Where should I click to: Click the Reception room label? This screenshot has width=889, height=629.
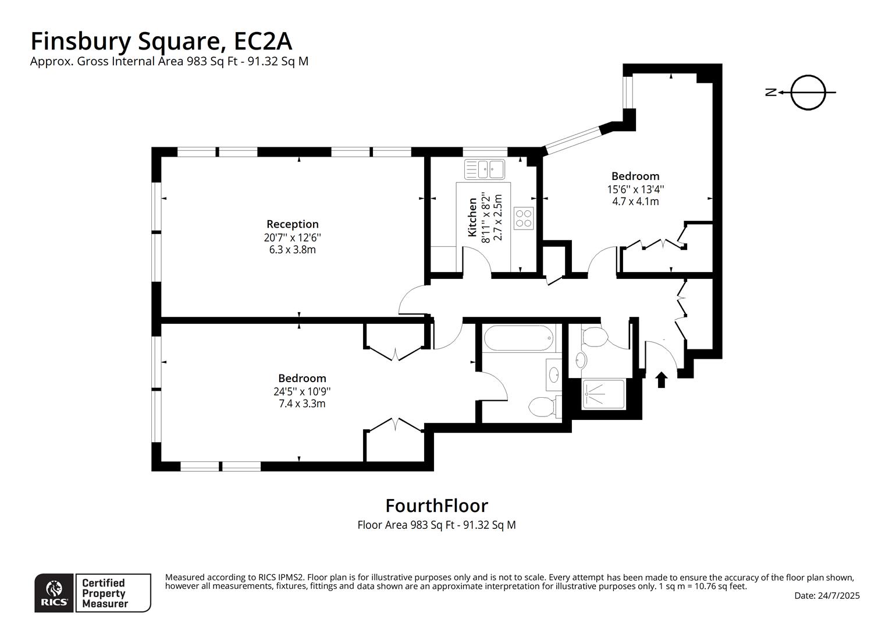pyautogui.click(x=292, y=224)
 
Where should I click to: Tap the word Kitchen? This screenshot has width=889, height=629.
pyautogui.click(x=472, y=217)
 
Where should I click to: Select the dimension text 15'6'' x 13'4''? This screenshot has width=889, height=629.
pyautogui.click(x=635, y=189)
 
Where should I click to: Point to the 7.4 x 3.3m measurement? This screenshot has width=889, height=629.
pyautogui.click(x=302, y=404)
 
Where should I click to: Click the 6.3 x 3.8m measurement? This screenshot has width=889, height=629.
pyautogui.click(x=292, y=250)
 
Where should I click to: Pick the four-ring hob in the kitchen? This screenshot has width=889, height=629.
pyautogui.click(x=524, y=218)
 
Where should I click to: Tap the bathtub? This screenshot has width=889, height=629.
pyautogui.click(x=518, y=338)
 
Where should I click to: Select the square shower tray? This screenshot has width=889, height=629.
pyautogui.click(x=603, y=394)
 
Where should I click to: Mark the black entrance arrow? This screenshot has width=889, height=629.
pyautogui.click(x=661, y=380)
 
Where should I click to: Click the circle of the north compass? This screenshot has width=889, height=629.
pyautogui.click(x=808, y=92)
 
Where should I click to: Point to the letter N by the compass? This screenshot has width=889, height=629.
pyautogui.click(x=771, y=92)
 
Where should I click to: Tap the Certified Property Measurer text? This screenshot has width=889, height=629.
pyautogui.click(x=104, y=593)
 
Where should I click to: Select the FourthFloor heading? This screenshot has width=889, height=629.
pyautogui.click(x=436, y=505)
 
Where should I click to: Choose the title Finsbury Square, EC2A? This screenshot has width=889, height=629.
pyautogui.click(x=161, y=41)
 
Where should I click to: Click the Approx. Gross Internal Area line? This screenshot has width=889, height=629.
pyautogui.click(x=169, y=61)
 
